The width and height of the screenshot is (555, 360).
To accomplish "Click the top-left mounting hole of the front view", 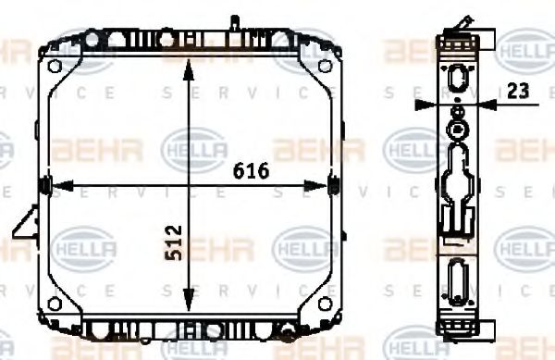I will click(x=56, y=66).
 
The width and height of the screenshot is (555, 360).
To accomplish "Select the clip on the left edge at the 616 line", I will click(x=44, y=186).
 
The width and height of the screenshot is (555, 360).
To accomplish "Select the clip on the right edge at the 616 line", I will click(x=335, y=186).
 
